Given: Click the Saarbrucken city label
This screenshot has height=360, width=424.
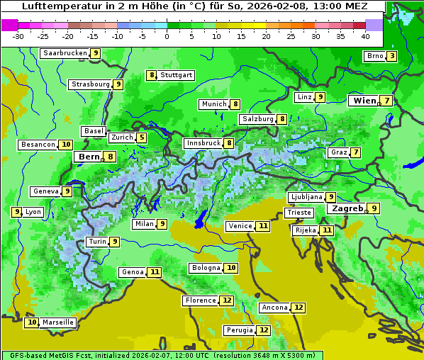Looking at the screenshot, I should (x=65, y=53).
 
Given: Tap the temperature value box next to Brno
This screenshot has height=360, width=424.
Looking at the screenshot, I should (x=391, y=57).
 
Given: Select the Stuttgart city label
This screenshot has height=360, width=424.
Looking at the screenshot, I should (x=176, y=75).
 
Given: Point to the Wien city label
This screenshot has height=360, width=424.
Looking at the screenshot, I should (x=364, y=101).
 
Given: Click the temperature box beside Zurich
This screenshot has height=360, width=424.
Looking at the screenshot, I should (x=142, y=137).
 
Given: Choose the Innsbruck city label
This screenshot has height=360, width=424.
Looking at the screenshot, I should (x=203, y=143).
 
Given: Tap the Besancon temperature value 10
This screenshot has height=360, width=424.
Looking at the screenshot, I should (x=66, y=145).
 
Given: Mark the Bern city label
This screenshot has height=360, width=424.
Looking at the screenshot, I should (x=89, y=157).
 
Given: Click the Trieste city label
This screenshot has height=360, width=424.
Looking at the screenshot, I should (x=299, y=213).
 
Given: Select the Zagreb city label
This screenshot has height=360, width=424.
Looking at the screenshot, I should (x=347, y=208).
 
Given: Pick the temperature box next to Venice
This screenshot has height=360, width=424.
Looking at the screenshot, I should (x=263, y=226).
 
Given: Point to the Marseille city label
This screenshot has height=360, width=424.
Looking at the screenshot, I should (x=57, y=322).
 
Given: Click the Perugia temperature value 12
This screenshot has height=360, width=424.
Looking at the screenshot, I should (x=264, y=330).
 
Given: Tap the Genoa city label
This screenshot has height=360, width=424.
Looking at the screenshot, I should (x=133, y=272).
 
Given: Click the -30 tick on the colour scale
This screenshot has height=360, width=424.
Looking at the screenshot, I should (x=18, y=35).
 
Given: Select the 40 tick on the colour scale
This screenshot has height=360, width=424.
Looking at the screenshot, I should (x=365, y=35).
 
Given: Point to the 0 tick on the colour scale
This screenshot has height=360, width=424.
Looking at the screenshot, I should (x=167, y=35).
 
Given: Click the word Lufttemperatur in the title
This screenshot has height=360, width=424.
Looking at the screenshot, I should (x=53, y=6).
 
